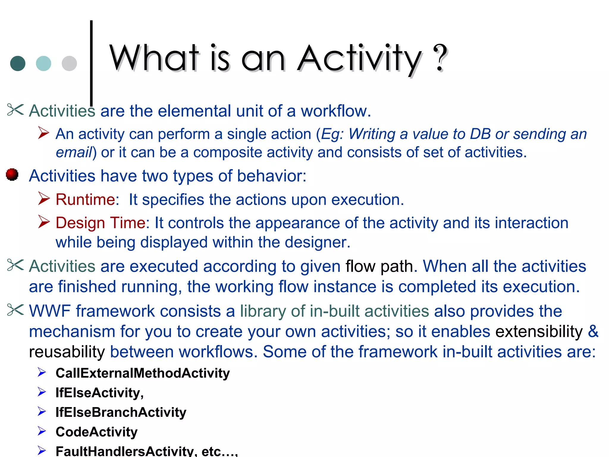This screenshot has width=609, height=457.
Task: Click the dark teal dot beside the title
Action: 18,63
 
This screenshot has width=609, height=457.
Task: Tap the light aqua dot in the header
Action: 43,63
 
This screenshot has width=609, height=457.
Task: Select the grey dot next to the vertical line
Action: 69,63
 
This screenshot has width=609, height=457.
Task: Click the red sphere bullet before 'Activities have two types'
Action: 12,174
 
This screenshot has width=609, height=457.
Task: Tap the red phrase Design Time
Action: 101,223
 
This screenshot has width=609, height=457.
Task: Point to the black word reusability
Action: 67,352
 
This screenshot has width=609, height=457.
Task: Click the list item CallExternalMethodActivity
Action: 142,373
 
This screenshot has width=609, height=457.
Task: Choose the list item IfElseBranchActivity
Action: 121,412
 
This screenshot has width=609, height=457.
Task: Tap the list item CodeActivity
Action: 96,432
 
